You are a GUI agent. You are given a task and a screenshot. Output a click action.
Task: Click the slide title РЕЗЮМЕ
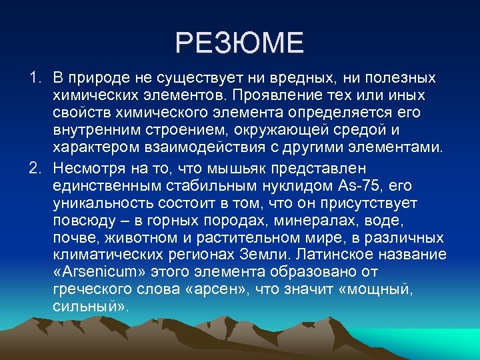(x=239, y=43)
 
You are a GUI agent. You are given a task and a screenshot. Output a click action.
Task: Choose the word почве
(x=72, y=237)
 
